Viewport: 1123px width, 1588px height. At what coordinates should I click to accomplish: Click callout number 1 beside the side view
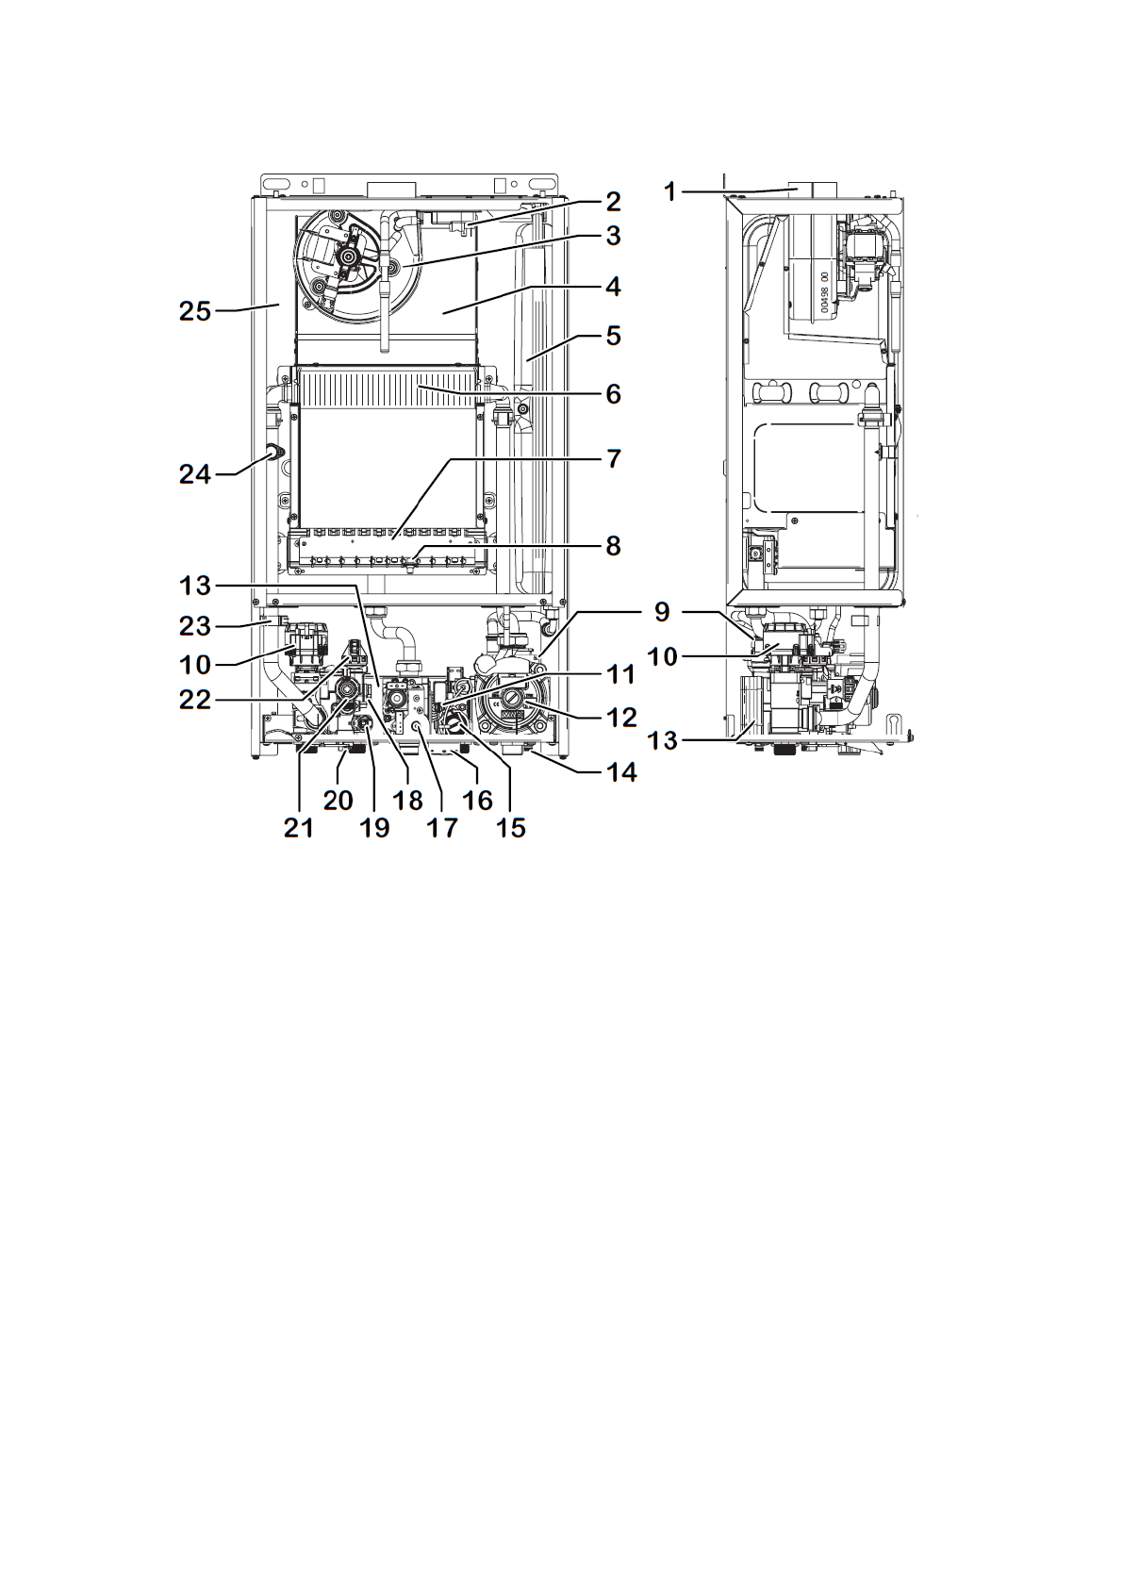click(670, 191)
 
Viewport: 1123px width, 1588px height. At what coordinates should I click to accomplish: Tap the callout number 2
click(613, 202)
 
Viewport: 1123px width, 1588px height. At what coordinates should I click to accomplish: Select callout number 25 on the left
click(195, 311)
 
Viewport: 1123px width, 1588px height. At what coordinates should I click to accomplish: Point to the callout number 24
click(195, 474)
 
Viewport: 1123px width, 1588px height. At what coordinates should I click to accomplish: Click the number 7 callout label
click(614, 459)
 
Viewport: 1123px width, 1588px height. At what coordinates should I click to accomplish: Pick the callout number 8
click(613, 546)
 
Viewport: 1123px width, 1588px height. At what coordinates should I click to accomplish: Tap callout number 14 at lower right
click(619, 772)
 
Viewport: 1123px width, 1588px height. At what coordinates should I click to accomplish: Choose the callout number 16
click(476, 801)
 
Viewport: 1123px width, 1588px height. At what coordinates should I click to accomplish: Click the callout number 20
click(339, 801)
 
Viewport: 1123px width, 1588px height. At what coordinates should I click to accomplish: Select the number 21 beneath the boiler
click(299, 827)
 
